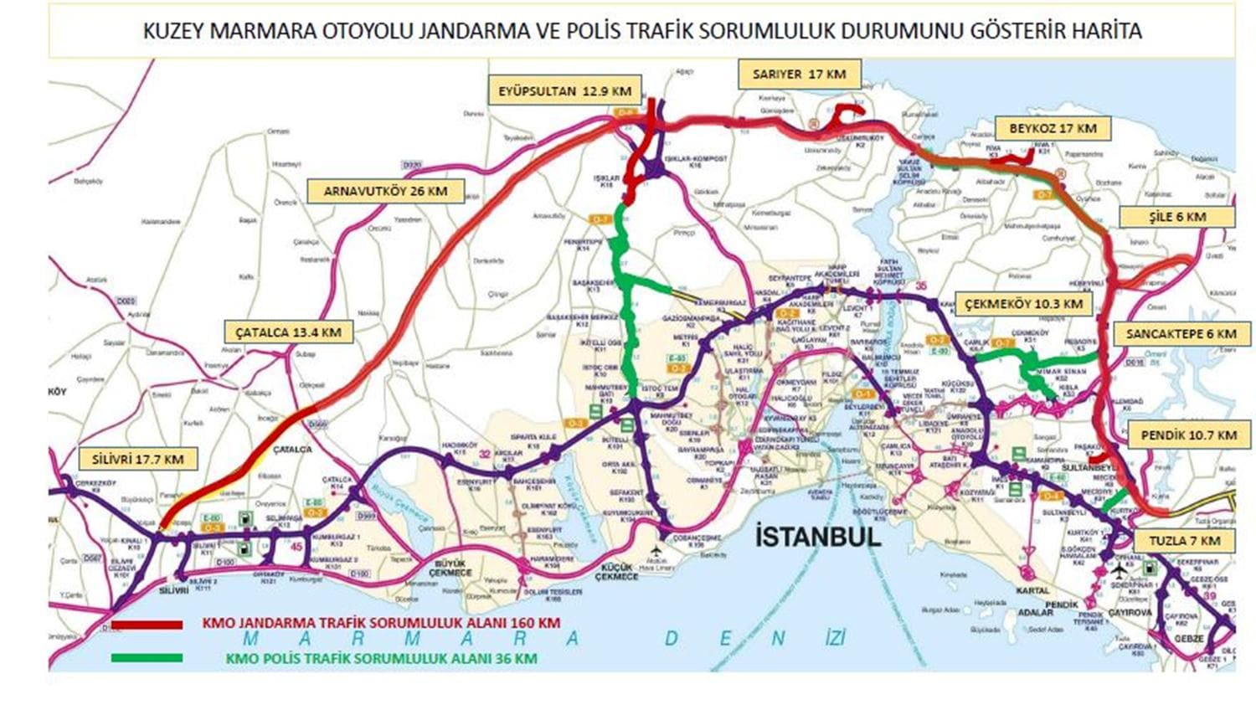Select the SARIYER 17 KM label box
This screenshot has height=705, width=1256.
[x=799, y=75]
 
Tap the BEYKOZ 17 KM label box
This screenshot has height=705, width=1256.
[x=1053, y=129]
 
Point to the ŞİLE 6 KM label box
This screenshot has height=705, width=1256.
[x=1177, y=217]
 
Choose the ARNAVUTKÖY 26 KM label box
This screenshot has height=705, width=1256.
[x=385, y=191]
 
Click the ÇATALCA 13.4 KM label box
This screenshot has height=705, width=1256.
[x=288, y=332]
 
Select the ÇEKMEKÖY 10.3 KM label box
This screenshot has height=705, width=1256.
[x=1023, y=304]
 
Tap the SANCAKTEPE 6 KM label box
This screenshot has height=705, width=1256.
[x=1181, y=333]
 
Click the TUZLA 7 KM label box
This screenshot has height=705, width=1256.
[x=1184, y=541]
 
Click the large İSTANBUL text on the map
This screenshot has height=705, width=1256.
[x=818, y=537]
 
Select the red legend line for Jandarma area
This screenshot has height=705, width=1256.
[x=147, y=625]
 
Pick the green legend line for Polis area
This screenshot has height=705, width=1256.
[x=147, y=658]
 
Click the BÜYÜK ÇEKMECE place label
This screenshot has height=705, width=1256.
[x=451, y=568]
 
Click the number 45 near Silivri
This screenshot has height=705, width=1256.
[x=296, y=547]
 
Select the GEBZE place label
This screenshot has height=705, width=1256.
[x=1189, y=639]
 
